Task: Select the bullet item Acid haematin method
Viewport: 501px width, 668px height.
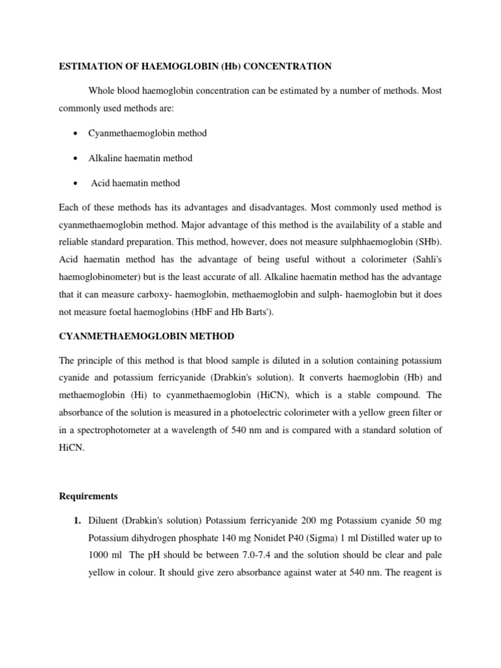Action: click(x=135, y=183)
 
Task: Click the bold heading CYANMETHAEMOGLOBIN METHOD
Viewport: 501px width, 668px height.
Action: click(x=147, y=336)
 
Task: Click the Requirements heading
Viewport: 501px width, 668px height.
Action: click(x=89, y=496)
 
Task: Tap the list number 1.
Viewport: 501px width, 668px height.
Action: click(x=77, y=521)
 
